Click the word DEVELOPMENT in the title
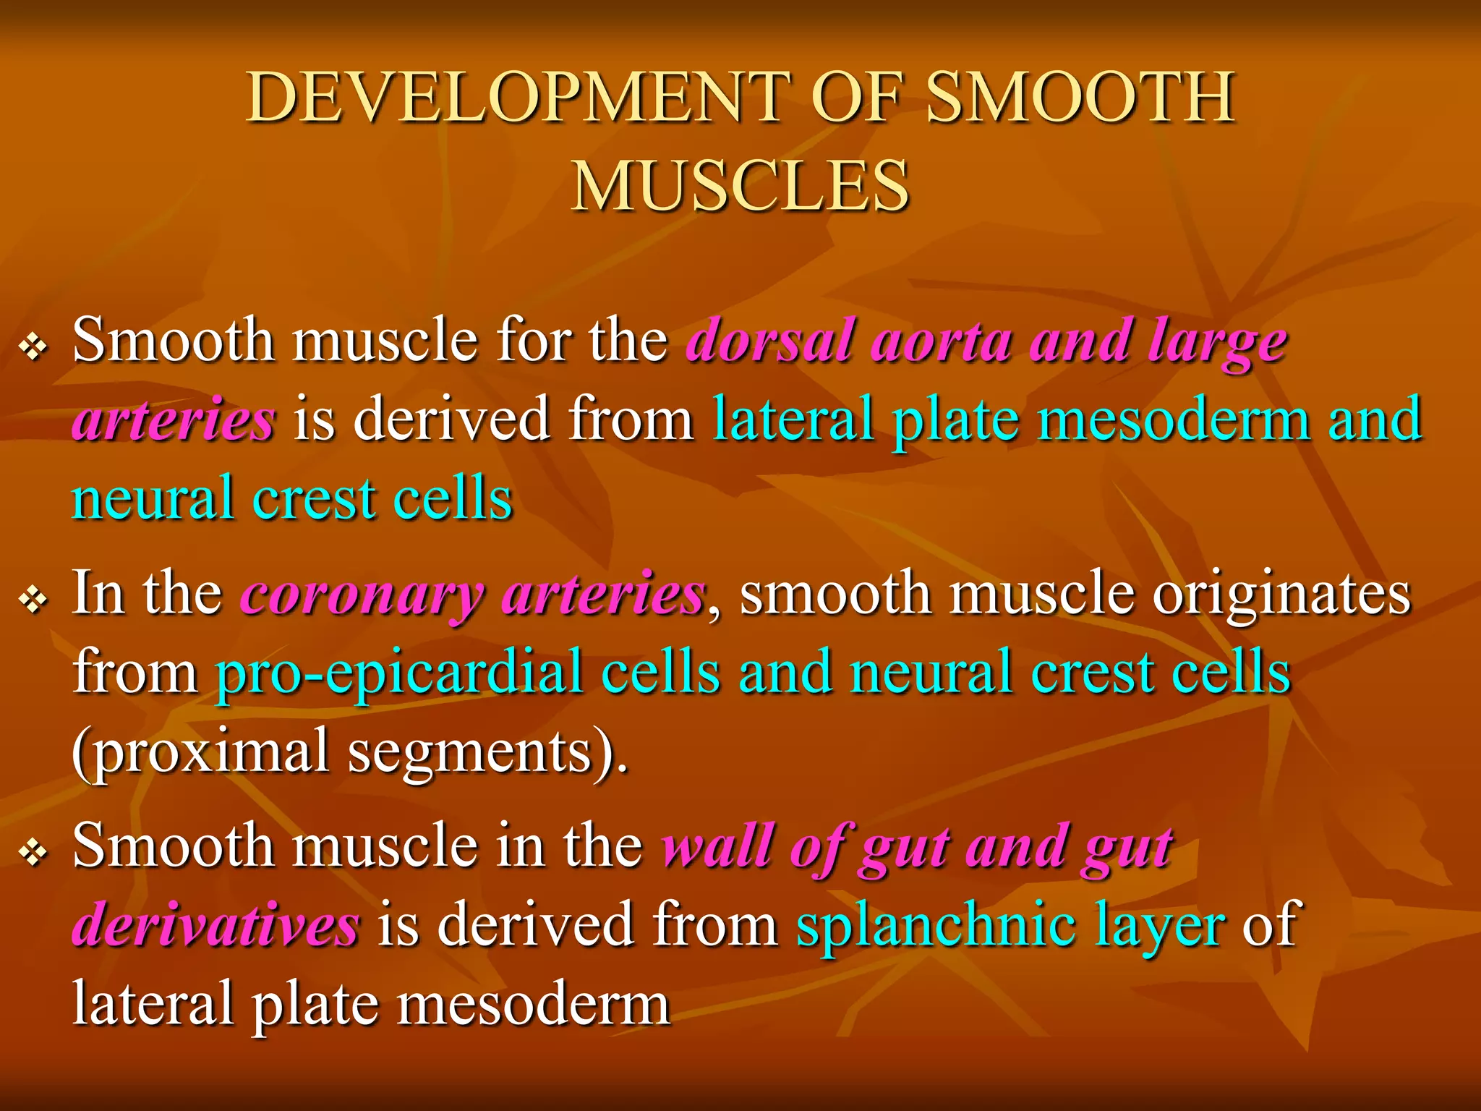tap(516, 98)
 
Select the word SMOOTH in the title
tap(1080, 98)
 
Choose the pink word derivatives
tap(215, 926)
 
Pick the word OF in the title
tap(858, 98)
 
